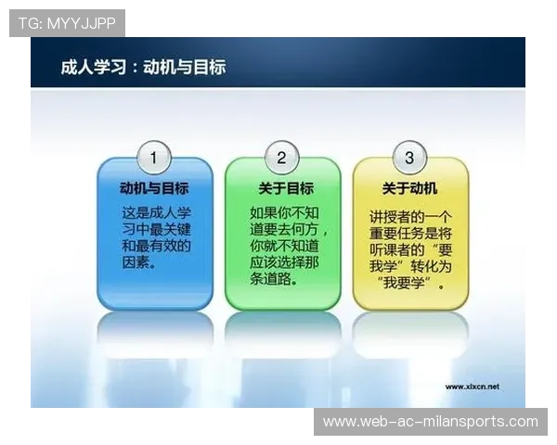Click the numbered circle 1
[x=154, y=157]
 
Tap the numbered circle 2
[x=282, y=157]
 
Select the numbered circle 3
[x=409, y=157]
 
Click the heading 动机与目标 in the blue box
[x=154, y=187]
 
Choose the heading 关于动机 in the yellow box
[x=410, y=187]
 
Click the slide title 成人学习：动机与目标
[x=143, y=67]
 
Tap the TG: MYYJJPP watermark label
[x=66, y=21]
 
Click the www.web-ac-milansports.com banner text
[x=430, y=422]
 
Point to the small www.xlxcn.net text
[x=472, y=386]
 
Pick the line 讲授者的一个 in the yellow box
[x=411, y=215]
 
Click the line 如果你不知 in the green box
[x=282, y=211]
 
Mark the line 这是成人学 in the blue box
[x=154, y=211]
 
